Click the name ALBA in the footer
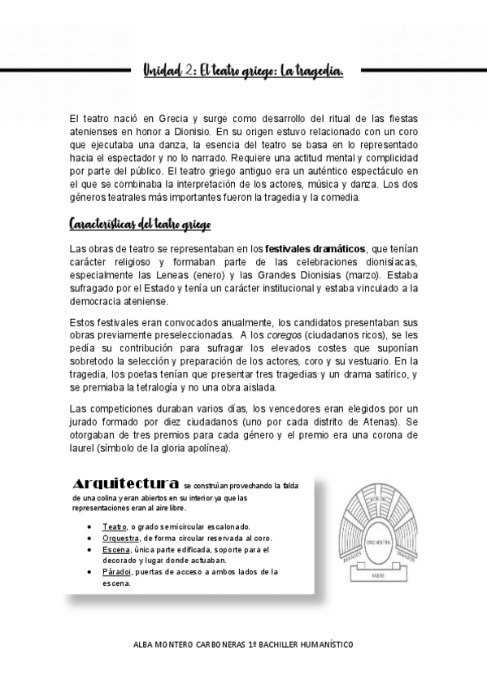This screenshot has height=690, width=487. click(x=145, y=643)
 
